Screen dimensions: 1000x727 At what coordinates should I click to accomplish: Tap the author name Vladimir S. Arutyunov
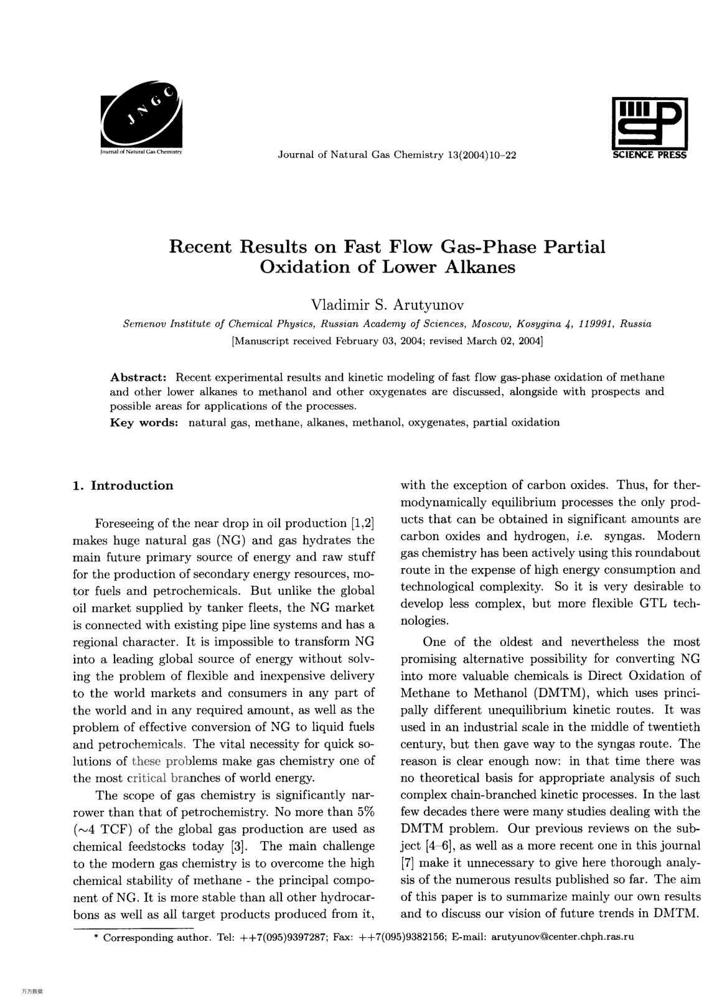[387, 305]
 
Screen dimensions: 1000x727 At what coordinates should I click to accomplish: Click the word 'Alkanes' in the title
[479, 268]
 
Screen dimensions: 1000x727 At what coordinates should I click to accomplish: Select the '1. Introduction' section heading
[123, 486]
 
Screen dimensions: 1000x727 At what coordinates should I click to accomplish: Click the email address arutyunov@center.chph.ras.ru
[563, 937]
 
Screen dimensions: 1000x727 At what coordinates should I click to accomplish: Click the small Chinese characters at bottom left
[31, 991]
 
